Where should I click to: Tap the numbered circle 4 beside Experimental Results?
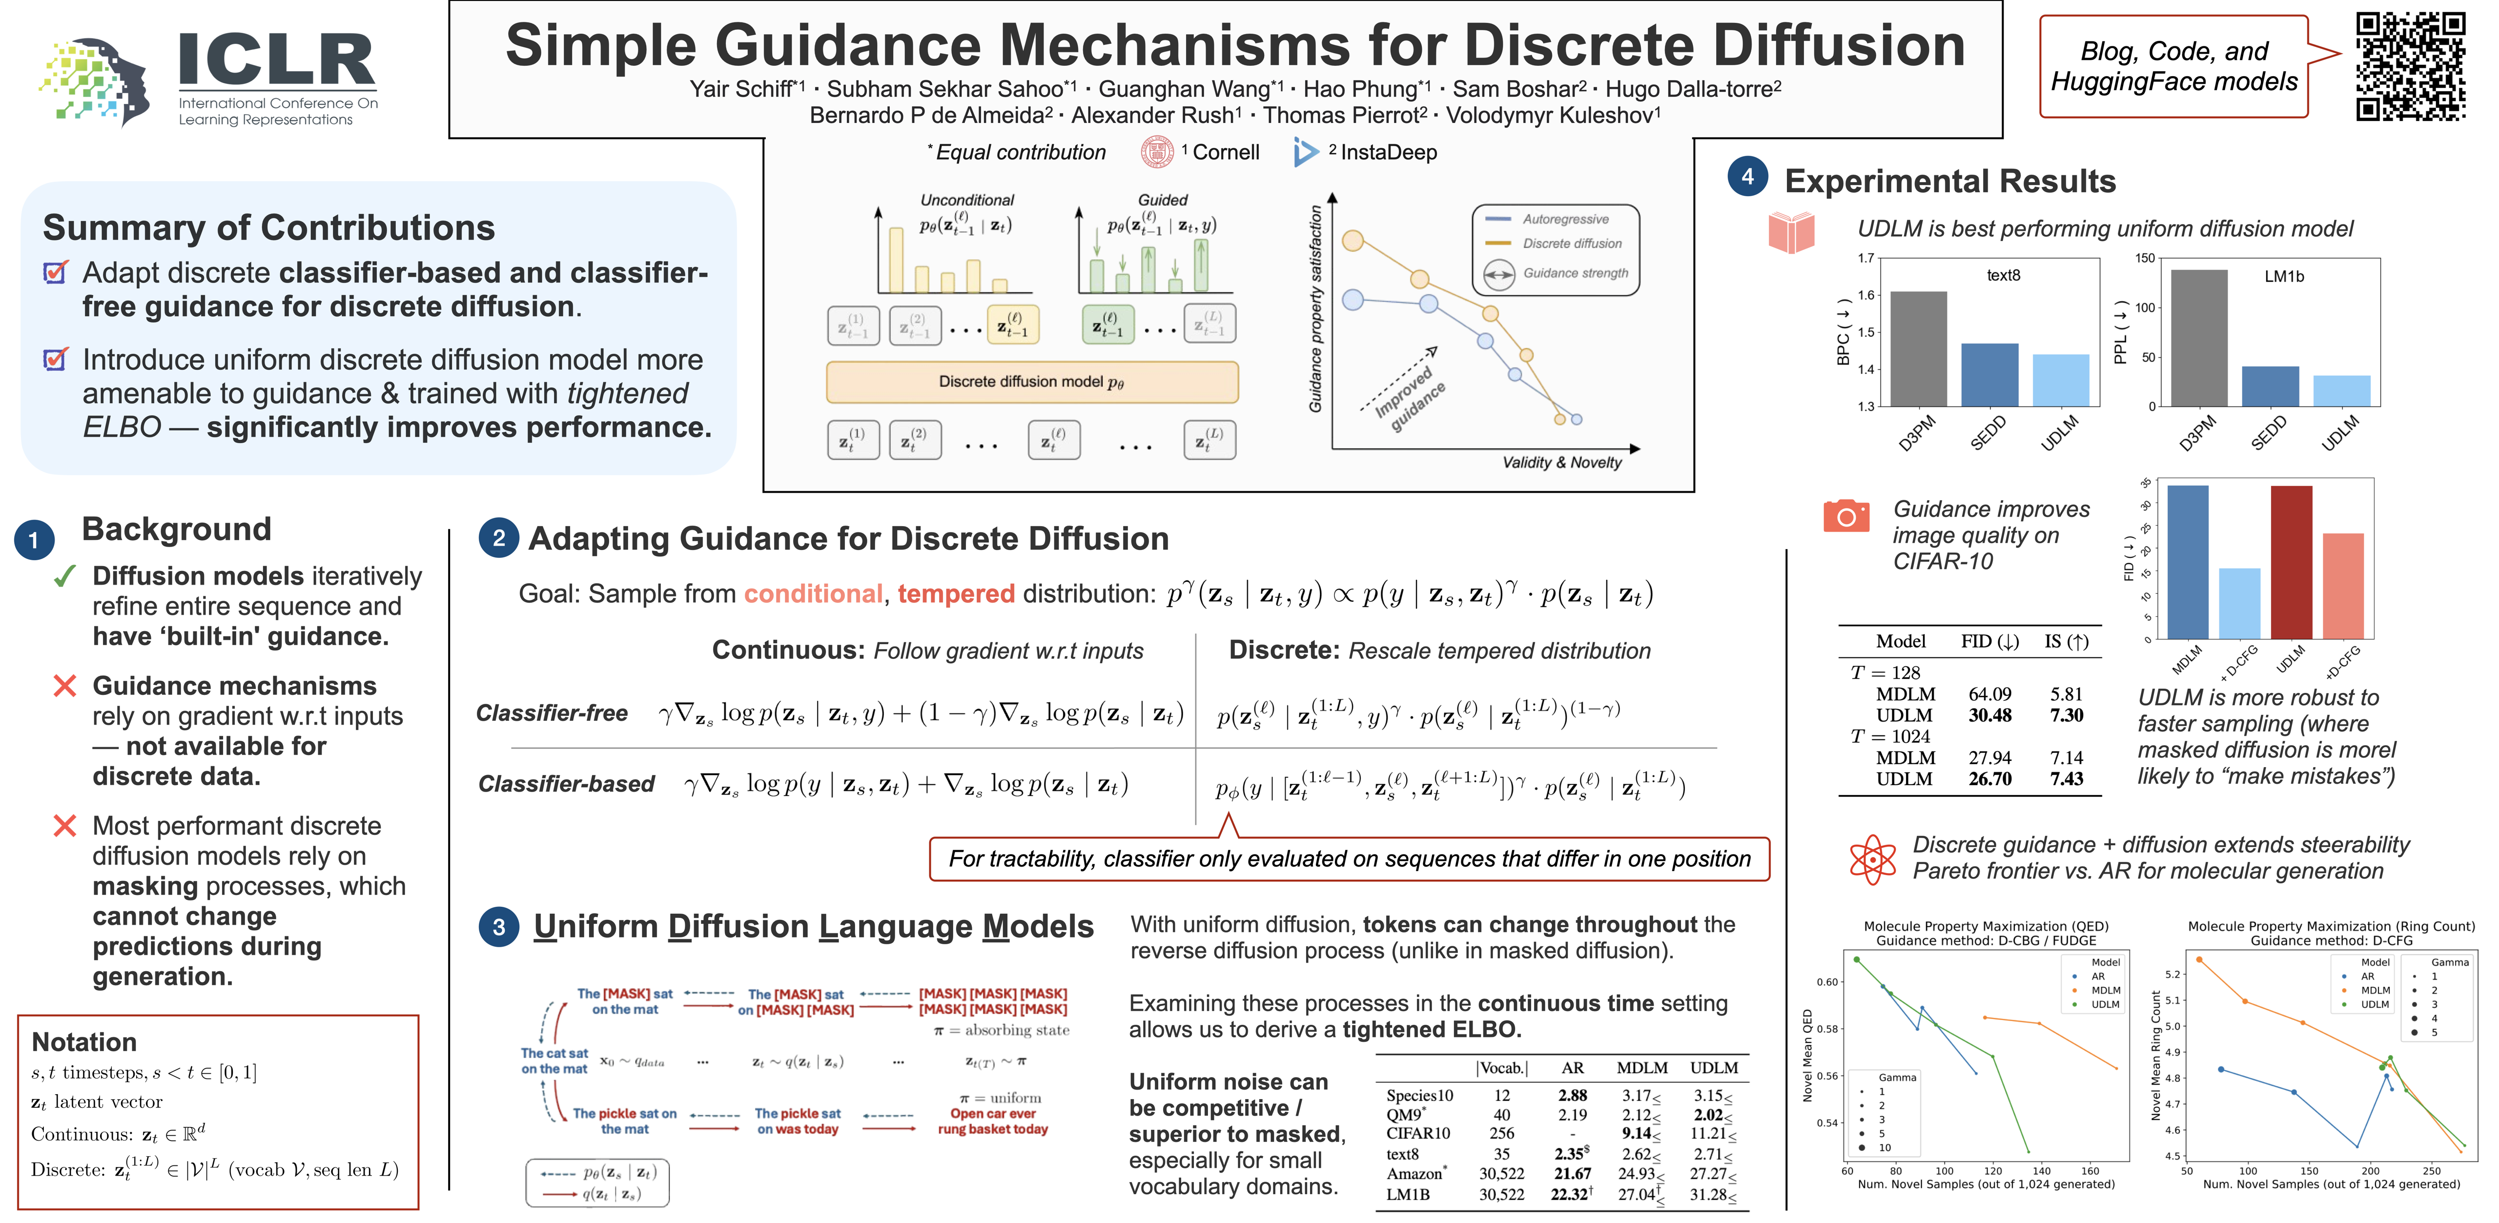click(x=1747, y=177)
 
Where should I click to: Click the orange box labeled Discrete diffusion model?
click(x=1031, y=382)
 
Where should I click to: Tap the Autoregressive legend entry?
click(x=1564, y=219)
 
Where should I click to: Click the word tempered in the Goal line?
click(x=956, y=593)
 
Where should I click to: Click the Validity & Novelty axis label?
click(x=1561, y=463)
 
